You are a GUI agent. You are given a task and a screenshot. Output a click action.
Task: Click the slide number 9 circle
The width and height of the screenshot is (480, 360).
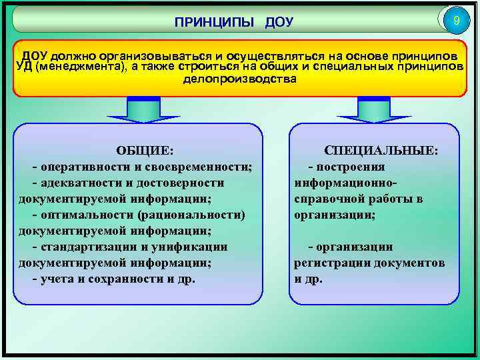coord(456,21)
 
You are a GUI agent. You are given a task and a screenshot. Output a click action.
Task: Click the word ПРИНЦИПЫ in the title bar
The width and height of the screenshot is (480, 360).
coord(215,23)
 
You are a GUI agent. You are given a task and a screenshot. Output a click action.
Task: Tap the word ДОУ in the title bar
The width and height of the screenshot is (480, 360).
coord(279,23)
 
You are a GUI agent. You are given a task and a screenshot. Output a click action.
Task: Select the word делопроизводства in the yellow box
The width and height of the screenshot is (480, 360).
coord(240,79)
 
